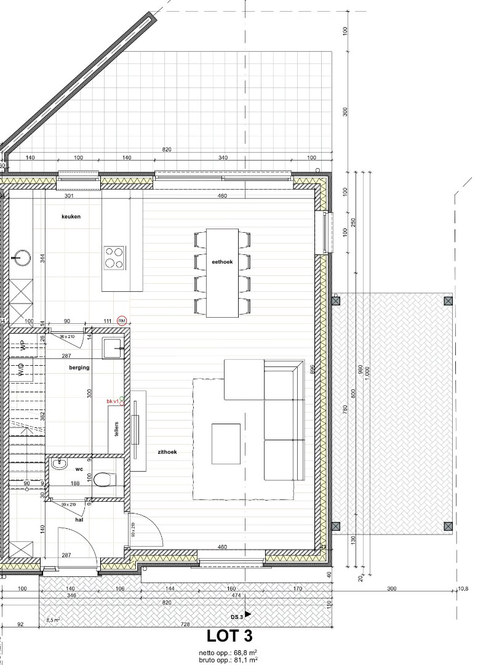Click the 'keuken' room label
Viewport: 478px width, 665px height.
[x=71, y=217]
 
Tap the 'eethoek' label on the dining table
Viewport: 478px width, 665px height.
[x=221, y=262]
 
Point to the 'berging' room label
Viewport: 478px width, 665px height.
[x=79, y=367]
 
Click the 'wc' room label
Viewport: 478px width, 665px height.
[x=79, y=469]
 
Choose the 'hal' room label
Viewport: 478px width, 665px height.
[x=79, y=520]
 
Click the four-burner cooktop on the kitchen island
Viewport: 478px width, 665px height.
[x=114, y=257]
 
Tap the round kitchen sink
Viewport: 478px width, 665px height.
[x=22, y=258]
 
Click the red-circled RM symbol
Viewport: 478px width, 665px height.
[x=122, y=320]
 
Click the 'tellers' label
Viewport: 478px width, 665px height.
[x=116, y=429]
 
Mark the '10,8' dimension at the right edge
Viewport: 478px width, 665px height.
[x=463, y=589]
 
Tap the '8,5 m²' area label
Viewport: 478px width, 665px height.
[x=53, y=620]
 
